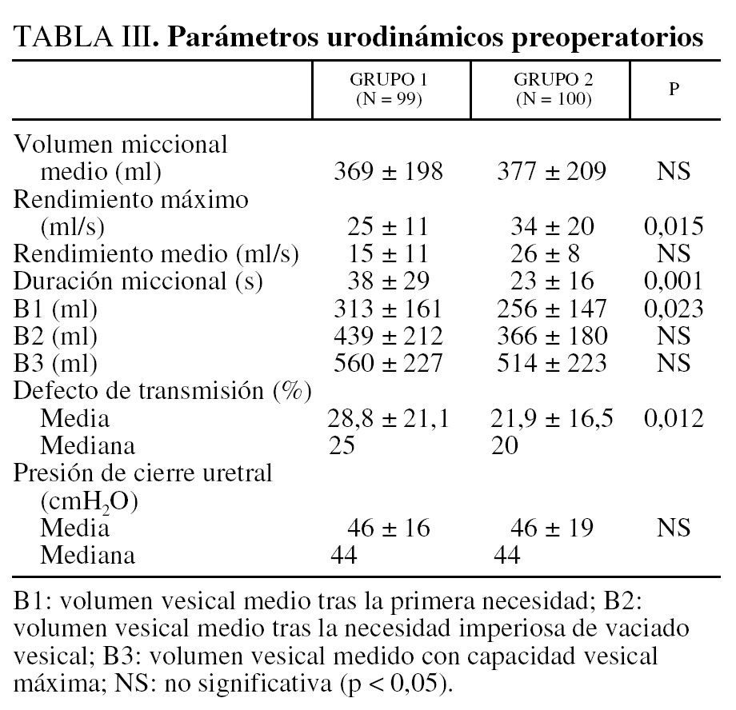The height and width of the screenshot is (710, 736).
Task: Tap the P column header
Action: [x=674, y=89]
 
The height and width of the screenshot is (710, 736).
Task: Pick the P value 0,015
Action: [x=674, y=226]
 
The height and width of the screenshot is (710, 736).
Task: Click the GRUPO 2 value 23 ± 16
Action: [x=553, y=281]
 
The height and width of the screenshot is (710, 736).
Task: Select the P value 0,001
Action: [x=674, y=281]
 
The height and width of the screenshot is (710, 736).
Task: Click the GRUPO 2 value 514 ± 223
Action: [x=553, y=364]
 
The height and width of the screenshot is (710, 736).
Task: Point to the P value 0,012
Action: [x=674, y=418]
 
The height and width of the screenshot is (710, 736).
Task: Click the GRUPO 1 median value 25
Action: [x=344, y=446]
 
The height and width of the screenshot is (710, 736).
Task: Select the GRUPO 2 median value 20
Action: [x=506, y=446]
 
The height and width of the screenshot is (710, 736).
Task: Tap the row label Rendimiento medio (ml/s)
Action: [x=157, y=254]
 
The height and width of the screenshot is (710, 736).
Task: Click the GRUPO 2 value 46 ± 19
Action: [x=553, y=528]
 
